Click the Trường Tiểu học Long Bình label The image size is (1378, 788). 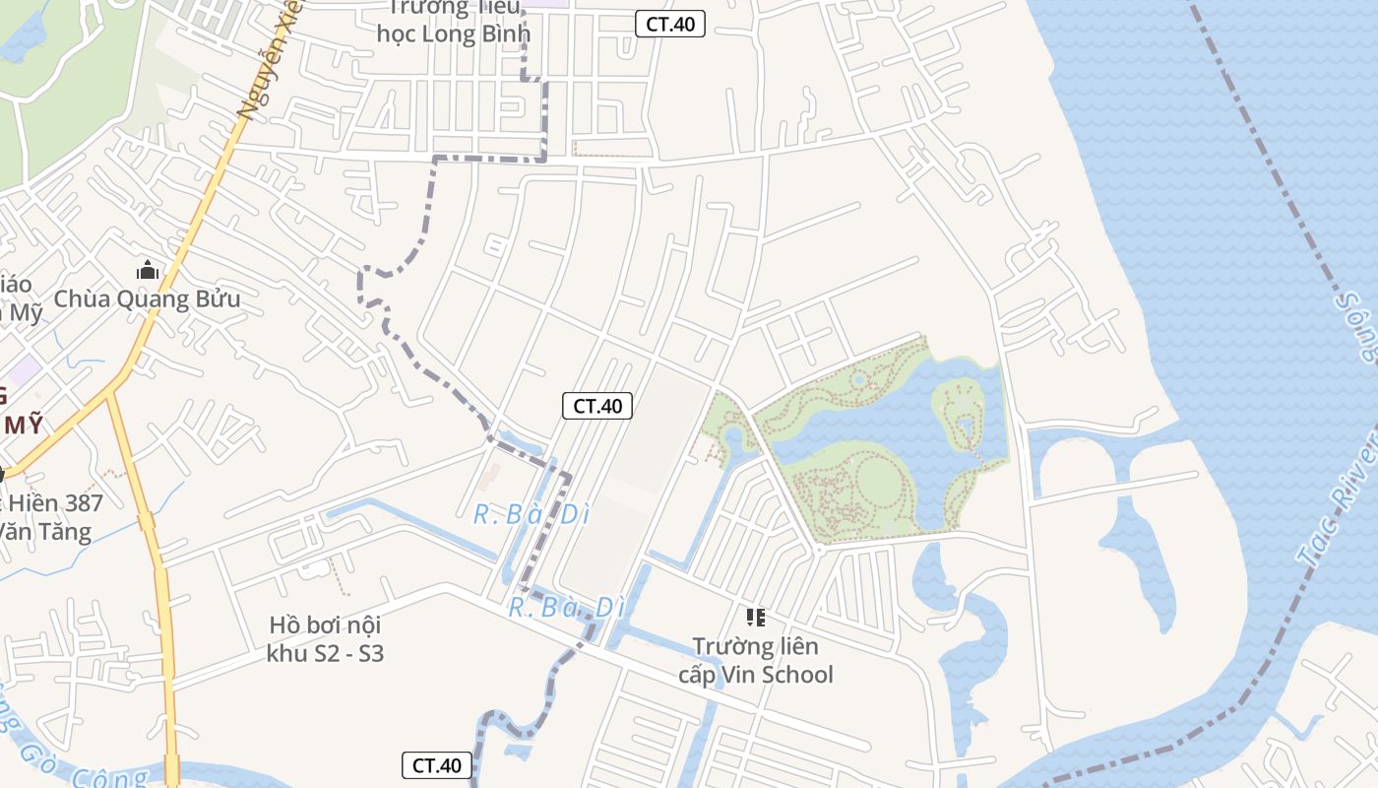[x=454, y=22]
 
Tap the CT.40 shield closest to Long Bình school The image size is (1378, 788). [x=670, y=25]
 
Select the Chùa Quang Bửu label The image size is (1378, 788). [x=147, y=298]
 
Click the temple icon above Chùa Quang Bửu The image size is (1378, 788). [x=148, y=269]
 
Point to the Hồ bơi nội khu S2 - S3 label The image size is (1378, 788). [x=325, y=638]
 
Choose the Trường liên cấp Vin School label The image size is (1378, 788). [x=756, y=660]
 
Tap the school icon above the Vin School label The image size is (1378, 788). [x=756, y=618]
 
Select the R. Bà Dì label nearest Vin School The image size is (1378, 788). [x=566, y=608]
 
